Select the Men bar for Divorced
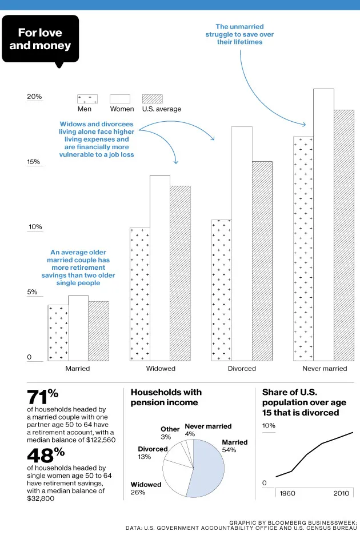(221, 290)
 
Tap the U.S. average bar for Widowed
(180, 273)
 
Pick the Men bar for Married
(58, 333)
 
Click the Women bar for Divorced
(242, 243)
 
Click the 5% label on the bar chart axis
(33, 292)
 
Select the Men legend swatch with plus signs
(87, 99)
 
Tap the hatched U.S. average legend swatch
(152, 99)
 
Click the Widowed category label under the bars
(161, 369)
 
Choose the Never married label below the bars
(325, 369)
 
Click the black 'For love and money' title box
(40, 39)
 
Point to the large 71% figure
(43, 397)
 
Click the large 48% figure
(43, 456)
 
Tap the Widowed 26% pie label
(146, 488)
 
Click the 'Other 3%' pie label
(170, 433)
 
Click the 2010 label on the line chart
(341, 493)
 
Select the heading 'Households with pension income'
(166, 397)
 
